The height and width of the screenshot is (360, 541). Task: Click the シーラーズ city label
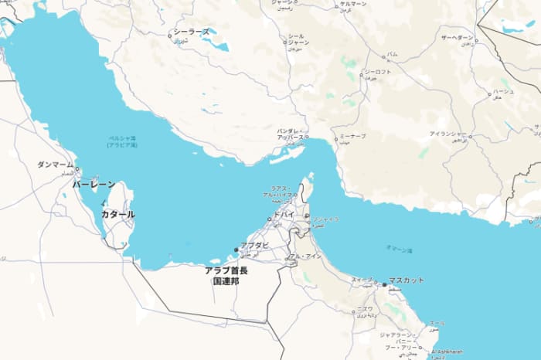click(x=191, y=32)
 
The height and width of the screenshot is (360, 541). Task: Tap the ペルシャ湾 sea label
click(x=122, y=139)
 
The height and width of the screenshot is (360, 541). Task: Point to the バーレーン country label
click(x=94, y=185)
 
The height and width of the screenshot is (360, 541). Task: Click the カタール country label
click(x=117, y=214)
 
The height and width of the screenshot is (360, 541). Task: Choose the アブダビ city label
click(x=254, y=245)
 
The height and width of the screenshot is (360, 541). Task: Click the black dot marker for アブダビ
click(x=236, y=249)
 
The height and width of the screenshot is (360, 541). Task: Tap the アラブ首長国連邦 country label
click(x=226, y=276)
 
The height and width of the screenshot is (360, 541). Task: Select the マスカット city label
click(x=407, y=280)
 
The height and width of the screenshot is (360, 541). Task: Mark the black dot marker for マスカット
click(x=384, y=284)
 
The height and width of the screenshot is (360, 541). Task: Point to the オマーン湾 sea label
click(x=400, y=250)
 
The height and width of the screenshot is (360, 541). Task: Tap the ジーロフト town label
click(x=377, y=72)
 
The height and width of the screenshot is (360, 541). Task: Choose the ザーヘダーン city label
click(x=456, y=37)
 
